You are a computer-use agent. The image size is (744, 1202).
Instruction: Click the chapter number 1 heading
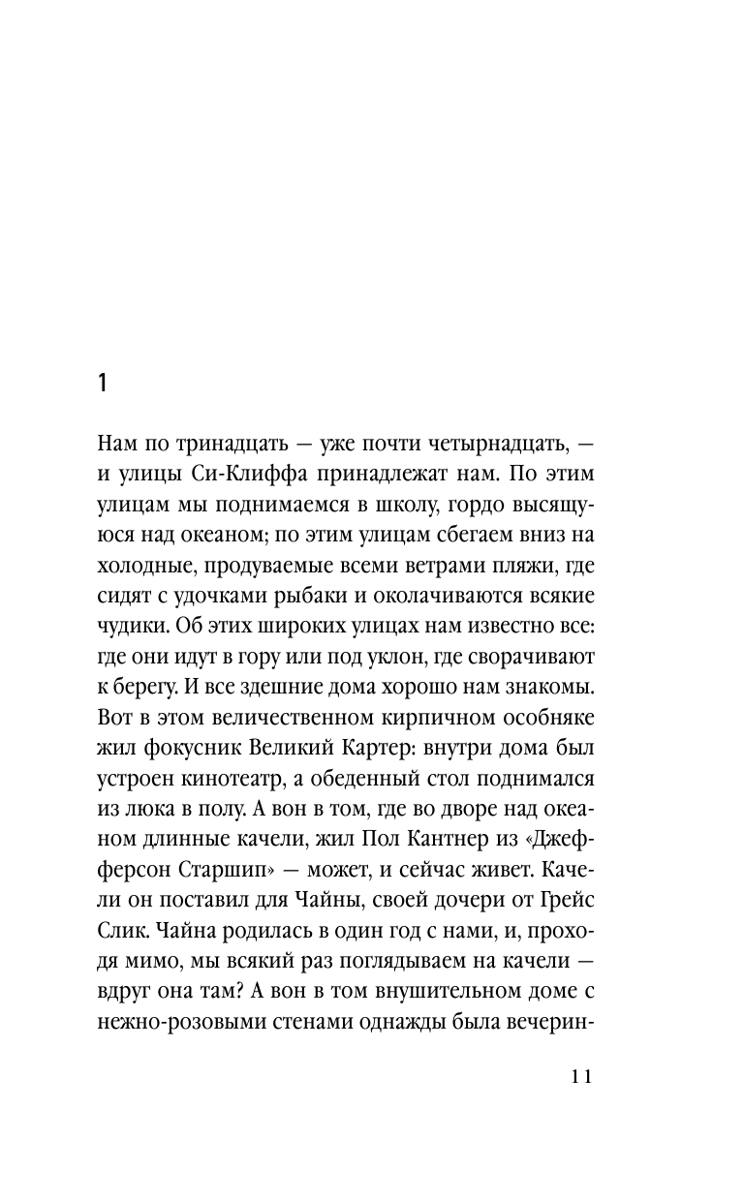(104, 383)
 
